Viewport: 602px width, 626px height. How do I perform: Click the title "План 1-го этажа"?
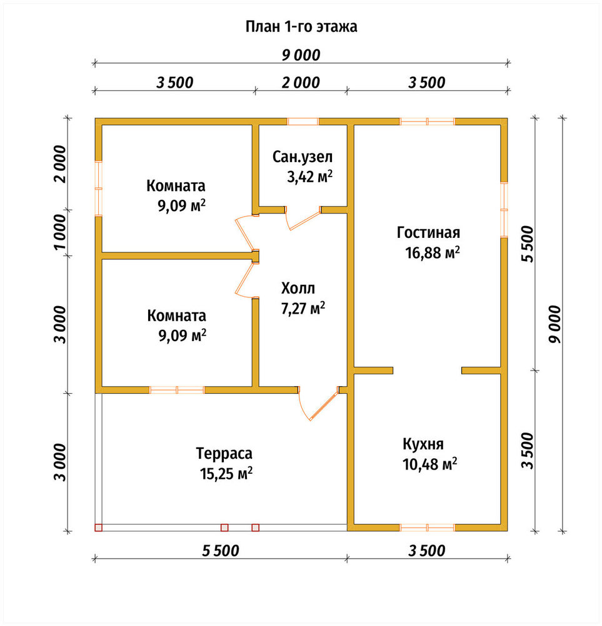point(301,27)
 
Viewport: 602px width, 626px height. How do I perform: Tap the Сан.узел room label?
point(302,157)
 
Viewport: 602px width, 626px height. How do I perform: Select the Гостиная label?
point(428,232)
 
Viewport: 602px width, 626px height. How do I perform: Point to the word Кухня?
point(423,444)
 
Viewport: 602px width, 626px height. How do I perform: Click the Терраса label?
point(224,454)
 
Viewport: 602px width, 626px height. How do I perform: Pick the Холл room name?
point(298,288)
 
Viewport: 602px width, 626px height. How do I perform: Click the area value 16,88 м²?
point(433,253)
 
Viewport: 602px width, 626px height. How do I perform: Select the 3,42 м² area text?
point(310,177)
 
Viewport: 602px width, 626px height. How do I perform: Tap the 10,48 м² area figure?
point(429,464)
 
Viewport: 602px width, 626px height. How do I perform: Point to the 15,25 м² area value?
point(226,474)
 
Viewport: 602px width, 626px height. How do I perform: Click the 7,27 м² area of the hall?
point(303,309)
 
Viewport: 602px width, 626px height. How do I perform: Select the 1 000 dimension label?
point(60,232)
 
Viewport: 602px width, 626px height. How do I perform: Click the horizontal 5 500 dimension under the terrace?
point(221,550)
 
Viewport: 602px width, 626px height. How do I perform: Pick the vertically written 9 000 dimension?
point(554,324)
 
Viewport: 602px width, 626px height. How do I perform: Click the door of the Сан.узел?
point(304,218)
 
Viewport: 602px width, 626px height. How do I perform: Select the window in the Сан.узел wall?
point(303,122)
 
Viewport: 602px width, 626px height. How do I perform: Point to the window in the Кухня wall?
point(427,528)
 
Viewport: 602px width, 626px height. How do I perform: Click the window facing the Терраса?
point(177,390)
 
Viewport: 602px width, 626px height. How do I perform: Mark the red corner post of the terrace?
point(99,528)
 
